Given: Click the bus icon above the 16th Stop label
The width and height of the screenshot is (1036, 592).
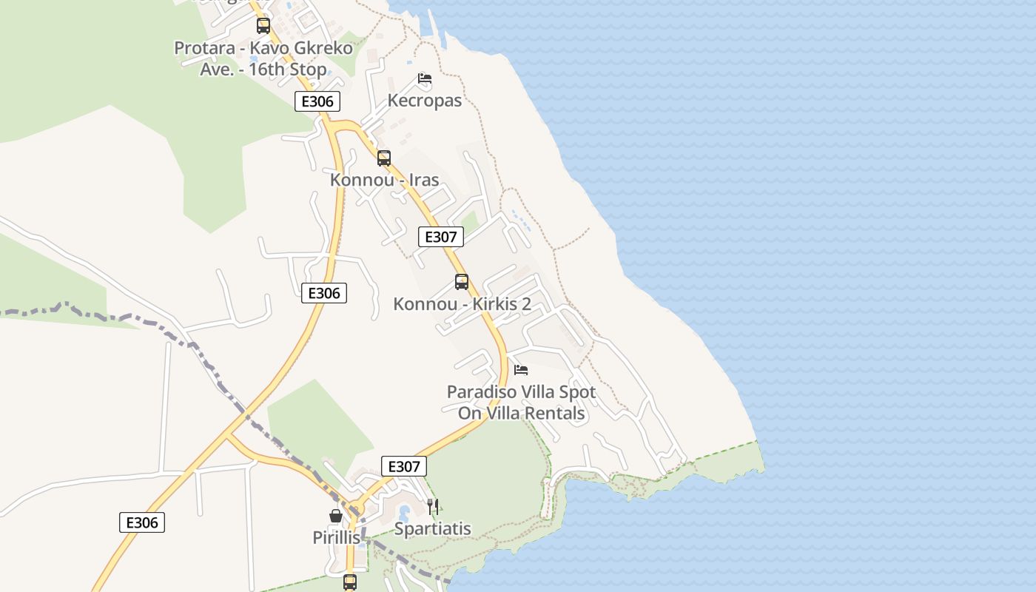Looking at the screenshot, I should pos(263,26).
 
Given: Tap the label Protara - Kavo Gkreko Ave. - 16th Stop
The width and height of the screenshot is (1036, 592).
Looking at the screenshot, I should pos(263,58).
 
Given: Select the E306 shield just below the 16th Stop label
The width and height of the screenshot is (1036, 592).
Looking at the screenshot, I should pos(317,101).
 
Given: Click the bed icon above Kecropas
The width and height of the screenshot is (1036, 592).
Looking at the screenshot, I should pos(424,78).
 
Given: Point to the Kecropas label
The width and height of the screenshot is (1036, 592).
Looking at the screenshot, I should pos(424,101).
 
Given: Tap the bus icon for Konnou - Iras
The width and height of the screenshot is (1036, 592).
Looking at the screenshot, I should pos(383,158).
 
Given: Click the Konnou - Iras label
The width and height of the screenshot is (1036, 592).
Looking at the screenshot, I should pos(384,180).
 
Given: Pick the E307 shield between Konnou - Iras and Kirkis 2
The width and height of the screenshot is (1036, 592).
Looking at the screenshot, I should pos(441,237).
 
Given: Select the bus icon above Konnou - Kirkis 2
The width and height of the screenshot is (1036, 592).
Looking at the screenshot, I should pos(462,282).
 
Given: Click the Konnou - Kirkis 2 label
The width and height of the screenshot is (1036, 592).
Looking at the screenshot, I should pos(462,304).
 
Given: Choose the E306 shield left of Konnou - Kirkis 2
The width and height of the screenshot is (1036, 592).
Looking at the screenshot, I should pos(324,293).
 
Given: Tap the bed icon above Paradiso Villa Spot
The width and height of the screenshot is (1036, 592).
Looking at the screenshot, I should pos(521,369).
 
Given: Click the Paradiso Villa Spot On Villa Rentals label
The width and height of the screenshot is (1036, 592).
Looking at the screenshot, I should pos(521,403).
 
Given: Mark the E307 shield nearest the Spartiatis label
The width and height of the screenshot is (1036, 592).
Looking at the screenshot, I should pos(404,466).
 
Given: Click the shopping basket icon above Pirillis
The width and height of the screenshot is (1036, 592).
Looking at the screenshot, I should pos(336,516).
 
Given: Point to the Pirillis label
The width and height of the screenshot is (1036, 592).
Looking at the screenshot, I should pos(336,538).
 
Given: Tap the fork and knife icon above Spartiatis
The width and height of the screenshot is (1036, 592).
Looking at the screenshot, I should pos(433,507).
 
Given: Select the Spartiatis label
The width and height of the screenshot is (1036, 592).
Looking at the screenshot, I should pos(432,529).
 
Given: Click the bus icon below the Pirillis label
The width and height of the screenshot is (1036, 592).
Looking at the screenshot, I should pos(350,582).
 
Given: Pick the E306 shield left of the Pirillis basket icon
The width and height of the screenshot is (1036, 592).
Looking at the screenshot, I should pos(142,522).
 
